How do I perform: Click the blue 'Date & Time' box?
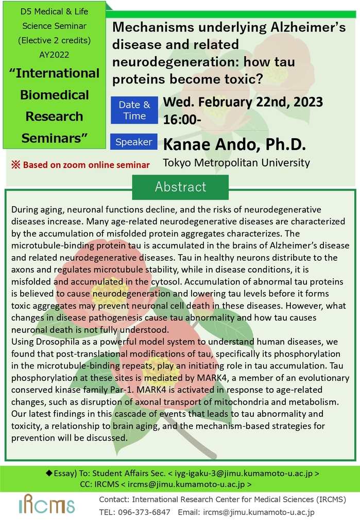(134, 110)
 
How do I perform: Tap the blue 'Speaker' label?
(134, 142)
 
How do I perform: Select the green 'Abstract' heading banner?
(180, 187)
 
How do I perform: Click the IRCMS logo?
(46, 504)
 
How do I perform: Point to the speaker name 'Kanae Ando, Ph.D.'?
(234, 144)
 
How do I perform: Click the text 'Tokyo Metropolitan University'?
(236, 163)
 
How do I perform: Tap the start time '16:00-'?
(182, 120)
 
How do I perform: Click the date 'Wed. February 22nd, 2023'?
(243, 102)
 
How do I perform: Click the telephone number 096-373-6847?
(144, 512)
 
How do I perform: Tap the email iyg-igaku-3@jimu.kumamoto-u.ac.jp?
(244, 473)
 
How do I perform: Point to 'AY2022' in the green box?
(54, 55)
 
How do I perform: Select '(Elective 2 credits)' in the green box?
(54, 41)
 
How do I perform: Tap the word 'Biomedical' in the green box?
(55, 95)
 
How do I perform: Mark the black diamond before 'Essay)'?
(49, 473)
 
